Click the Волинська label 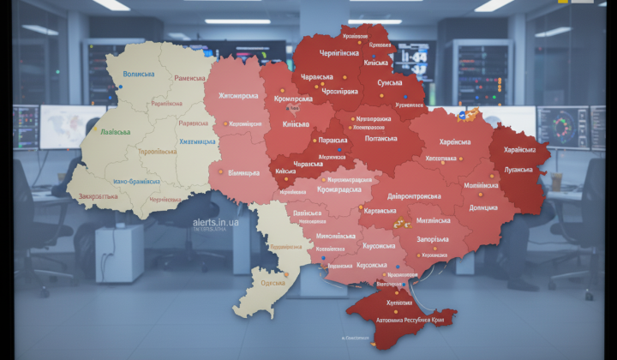140,75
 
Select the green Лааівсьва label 116,133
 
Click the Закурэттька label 98,195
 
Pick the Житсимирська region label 238,96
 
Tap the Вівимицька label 243,173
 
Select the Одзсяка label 273,282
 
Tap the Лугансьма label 518,171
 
